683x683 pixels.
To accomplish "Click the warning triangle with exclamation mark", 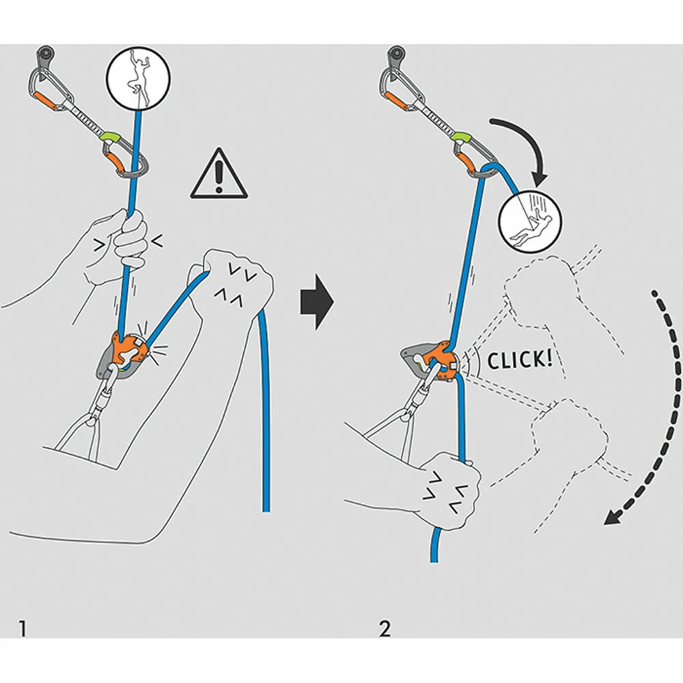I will click(219, 176).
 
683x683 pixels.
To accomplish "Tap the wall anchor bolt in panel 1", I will click(45, 53).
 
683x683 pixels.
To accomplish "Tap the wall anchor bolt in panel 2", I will click(396, 53).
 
